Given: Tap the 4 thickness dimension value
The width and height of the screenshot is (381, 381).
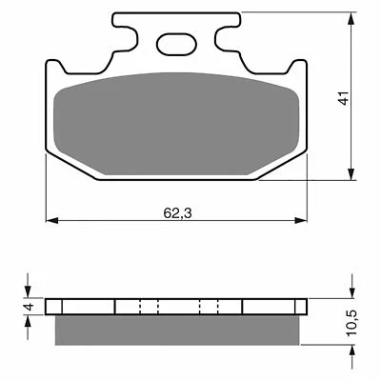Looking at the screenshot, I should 28,307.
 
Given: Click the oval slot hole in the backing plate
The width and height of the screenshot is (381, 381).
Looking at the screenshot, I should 175,42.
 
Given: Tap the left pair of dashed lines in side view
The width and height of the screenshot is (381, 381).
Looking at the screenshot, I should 146,307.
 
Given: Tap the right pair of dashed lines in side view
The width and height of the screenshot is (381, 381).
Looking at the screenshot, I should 211,307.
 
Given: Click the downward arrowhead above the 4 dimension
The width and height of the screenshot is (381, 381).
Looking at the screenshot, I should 28,292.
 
